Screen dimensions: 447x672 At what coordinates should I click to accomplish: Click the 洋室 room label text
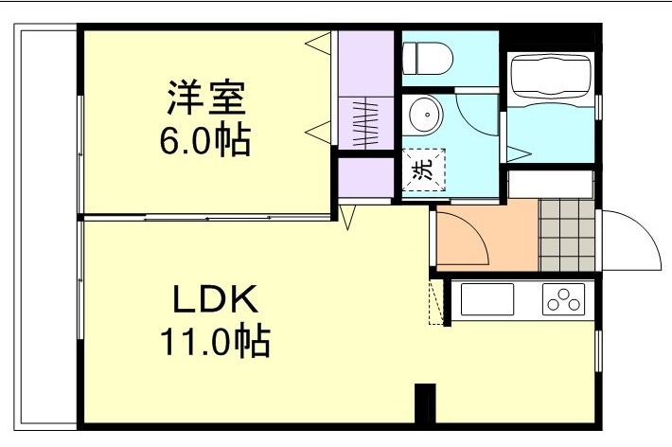point(206,98)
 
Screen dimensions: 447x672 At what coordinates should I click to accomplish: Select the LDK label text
point(214,300)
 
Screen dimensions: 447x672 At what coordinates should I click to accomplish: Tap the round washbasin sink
point(425,116)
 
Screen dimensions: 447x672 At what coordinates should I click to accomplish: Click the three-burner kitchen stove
point(566,300)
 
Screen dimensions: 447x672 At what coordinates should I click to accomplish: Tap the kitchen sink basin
point(486,300)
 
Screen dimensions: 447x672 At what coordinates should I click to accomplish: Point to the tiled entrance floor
point(567,235)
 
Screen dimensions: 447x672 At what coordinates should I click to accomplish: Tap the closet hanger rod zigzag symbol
point(365,122)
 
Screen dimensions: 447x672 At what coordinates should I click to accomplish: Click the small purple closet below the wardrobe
point(366,177)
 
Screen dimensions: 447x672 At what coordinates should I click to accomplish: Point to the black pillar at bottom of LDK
point(425,403)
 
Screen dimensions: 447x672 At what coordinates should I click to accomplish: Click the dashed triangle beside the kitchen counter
point(437,302)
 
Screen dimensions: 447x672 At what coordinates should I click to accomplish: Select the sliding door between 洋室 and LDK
point(208,218)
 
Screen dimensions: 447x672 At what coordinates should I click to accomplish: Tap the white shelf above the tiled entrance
point(552,184)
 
